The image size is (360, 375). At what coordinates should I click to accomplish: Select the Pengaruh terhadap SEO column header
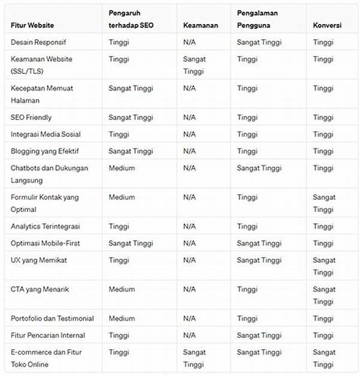[131, 19]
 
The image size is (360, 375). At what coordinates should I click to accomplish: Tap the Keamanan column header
[201, 26]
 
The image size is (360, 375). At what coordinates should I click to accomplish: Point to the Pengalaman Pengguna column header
[257, 19]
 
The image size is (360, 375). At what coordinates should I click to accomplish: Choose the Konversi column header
[328, 26]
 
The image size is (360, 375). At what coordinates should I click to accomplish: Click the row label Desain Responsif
[38, 43]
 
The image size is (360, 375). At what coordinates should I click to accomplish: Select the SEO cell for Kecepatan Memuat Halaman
[131, 88]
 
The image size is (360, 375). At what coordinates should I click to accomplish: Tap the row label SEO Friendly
[31, 117]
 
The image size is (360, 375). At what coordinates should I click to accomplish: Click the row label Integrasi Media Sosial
[46, 134]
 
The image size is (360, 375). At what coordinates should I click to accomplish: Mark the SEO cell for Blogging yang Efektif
[131, 151]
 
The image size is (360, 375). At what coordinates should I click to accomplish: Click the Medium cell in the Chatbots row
[122, 168]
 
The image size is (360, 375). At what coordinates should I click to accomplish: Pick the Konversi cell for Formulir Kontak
[324, 203]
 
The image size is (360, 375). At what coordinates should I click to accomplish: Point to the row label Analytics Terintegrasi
[45, 226]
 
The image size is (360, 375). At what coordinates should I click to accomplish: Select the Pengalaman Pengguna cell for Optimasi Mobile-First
[259, 243]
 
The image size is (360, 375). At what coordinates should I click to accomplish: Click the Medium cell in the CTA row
[122, 289]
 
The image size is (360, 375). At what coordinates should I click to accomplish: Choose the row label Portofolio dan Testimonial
[52, 319]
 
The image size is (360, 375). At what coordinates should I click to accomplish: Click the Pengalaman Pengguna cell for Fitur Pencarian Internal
[259, 335]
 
